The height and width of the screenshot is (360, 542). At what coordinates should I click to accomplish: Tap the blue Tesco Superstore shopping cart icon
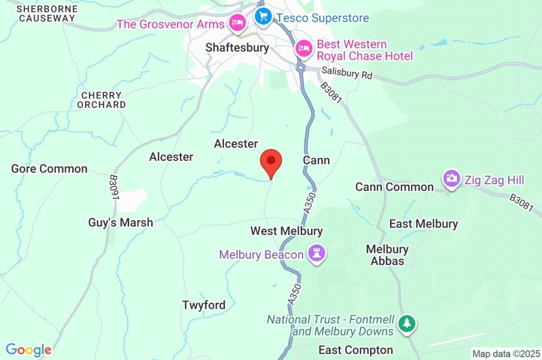point(263,16)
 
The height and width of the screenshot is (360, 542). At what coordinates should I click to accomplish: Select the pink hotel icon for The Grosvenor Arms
point(236,23)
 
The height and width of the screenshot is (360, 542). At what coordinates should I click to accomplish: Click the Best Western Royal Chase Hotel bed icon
point(304,49)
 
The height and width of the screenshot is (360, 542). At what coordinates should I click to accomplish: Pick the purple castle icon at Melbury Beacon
point(318,254)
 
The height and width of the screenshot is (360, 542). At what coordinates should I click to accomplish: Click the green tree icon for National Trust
point(406,323)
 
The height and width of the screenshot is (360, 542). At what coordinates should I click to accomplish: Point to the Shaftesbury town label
point(237,48)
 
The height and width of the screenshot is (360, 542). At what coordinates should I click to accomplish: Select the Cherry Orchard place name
point(102,100)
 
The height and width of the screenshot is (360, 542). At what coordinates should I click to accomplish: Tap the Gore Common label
point(49,169)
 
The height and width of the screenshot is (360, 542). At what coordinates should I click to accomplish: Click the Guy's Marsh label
point(121,223)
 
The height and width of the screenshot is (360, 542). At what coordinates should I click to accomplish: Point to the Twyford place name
point(204,305)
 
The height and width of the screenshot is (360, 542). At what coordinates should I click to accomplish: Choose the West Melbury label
point(286,231)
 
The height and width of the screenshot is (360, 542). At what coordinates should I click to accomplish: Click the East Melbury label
point(423,224)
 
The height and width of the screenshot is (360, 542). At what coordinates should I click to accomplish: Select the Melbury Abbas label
point(388,255)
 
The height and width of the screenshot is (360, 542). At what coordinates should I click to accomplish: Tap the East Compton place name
point(356,350)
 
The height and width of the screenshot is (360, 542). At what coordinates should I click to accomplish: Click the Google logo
point(29,349)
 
